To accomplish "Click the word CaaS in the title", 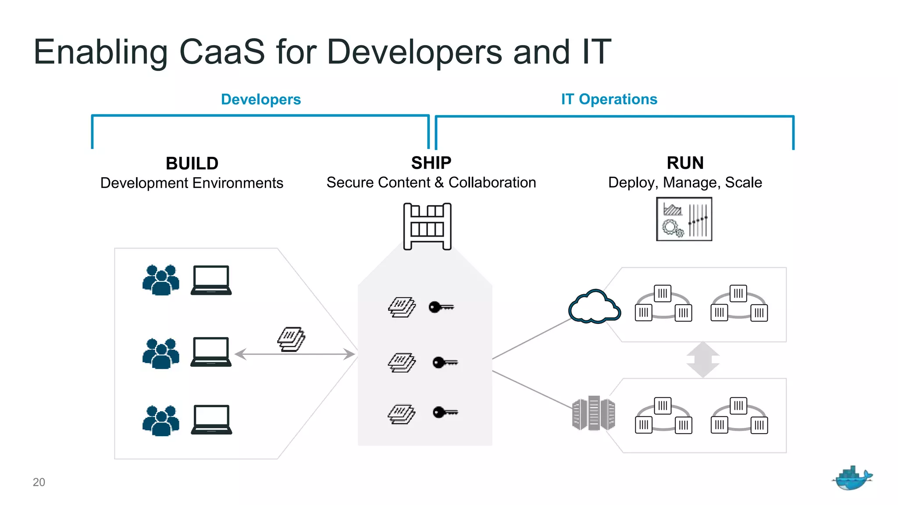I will (x=222, y=52).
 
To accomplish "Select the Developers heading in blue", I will (x=261, y=100).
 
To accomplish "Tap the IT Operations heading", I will (x=609, y=100).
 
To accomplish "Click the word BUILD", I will (x=192, y=164).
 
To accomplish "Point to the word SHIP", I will (x=431, y=163).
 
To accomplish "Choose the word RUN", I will (x=685, y=163).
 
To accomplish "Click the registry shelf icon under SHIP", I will (x=427, y=226).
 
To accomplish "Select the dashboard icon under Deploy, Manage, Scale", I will (x=684, y=219).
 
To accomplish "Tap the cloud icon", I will (x=594, y=306).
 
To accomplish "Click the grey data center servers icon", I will (x=593, y=413).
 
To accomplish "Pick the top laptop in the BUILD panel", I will (x=211, y=280).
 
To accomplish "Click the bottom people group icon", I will (x=161, y=420).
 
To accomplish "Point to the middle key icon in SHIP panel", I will (x=445, y=363).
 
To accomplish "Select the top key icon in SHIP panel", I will (x=441, y=307).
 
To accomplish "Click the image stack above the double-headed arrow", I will (x=291, y=339).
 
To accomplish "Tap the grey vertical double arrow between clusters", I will (x=703, y=359).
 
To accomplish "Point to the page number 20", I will (x=39, y=482).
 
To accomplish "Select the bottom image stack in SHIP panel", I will (x=401, y=414).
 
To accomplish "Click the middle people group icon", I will (x=161, y=353).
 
